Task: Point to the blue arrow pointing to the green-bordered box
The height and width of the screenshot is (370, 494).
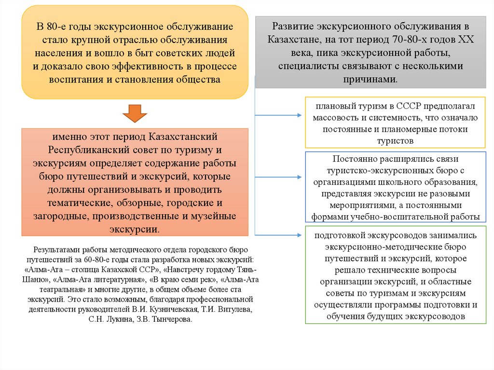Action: tap(280, 235)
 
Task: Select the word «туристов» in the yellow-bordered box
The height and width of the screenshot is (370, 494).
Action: tap(396, 141)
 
